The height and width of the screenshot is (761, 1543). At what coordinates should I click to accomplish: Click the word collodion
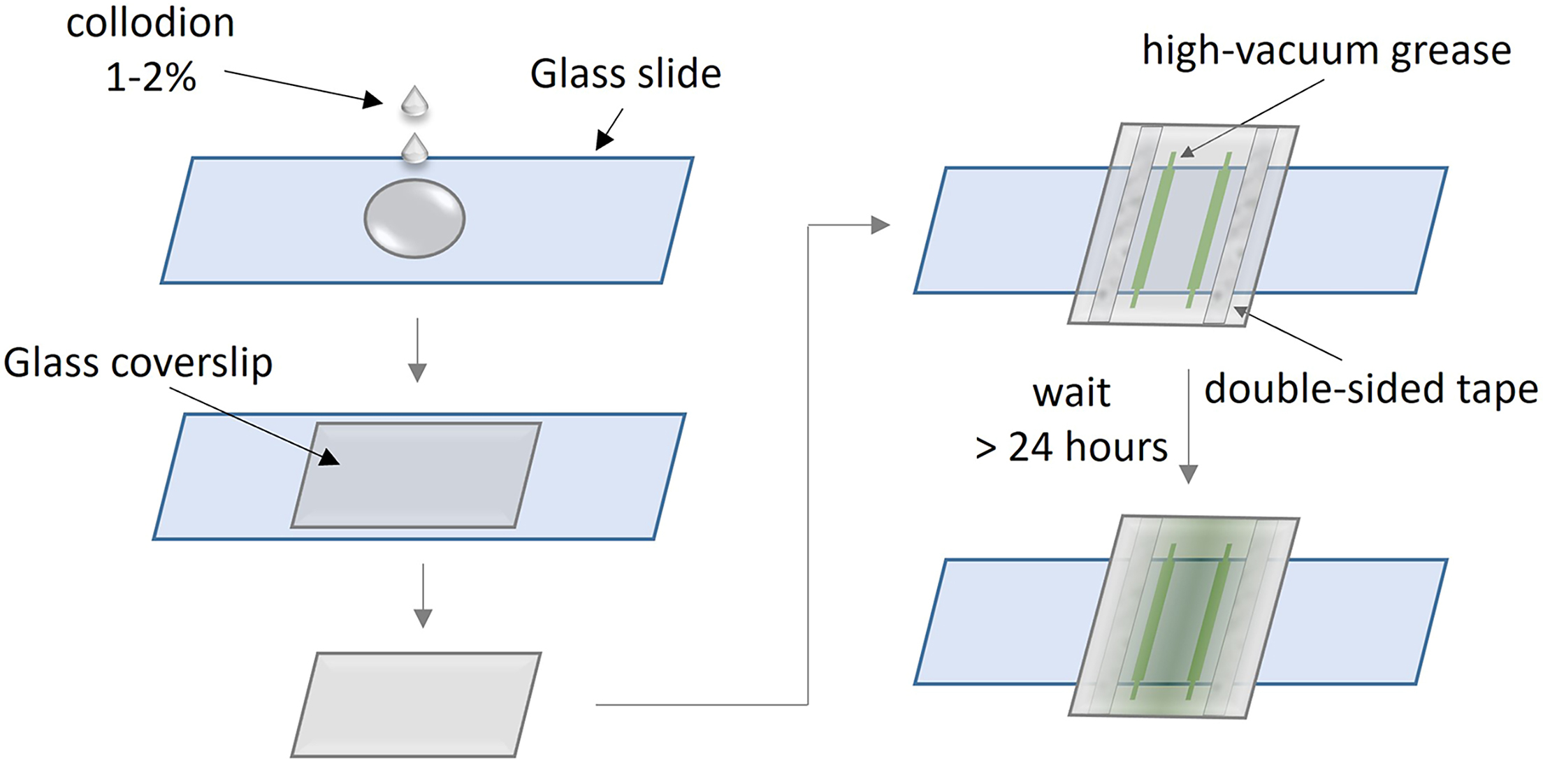150,23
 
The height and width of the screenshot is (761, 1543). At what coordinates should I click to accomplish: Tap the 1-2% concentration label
151,77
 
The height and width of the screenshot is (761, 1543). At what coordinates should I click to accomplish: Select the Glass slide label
625,74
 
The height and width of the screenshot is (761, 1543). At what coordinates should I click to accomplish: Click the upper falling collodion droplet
414,101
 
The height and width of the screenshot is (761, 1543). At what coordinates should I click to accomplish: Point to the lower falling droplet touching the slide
414,149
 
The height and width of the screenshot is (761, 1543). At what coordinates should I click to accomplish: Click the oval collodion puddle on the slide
414,219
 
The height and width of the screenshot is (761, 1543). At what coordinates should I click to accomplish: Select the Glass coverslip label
138,363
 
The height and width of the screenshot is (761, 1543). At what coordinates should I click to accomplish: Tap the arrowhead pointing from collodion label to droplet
372,101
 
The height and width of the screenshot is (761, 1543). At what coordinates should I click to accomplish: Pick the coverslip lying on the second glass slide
416,475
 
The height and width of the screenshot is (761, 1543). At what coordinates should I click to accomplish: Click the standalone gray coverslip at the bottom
416,704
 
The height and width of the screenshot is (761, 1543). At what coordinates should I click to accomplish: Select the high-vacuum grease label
1326,51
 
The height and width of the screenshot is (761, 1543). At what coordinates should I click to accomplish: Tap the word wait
1071,393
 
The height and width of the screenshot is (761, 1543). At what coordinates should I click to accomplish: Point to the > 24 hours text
1071,447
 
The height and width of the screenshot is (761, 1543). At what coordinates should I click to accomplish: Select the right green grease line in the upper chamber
1209,231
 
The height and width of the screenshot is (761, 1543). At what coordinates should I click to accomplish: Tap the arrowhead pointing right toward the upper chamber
881,225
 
